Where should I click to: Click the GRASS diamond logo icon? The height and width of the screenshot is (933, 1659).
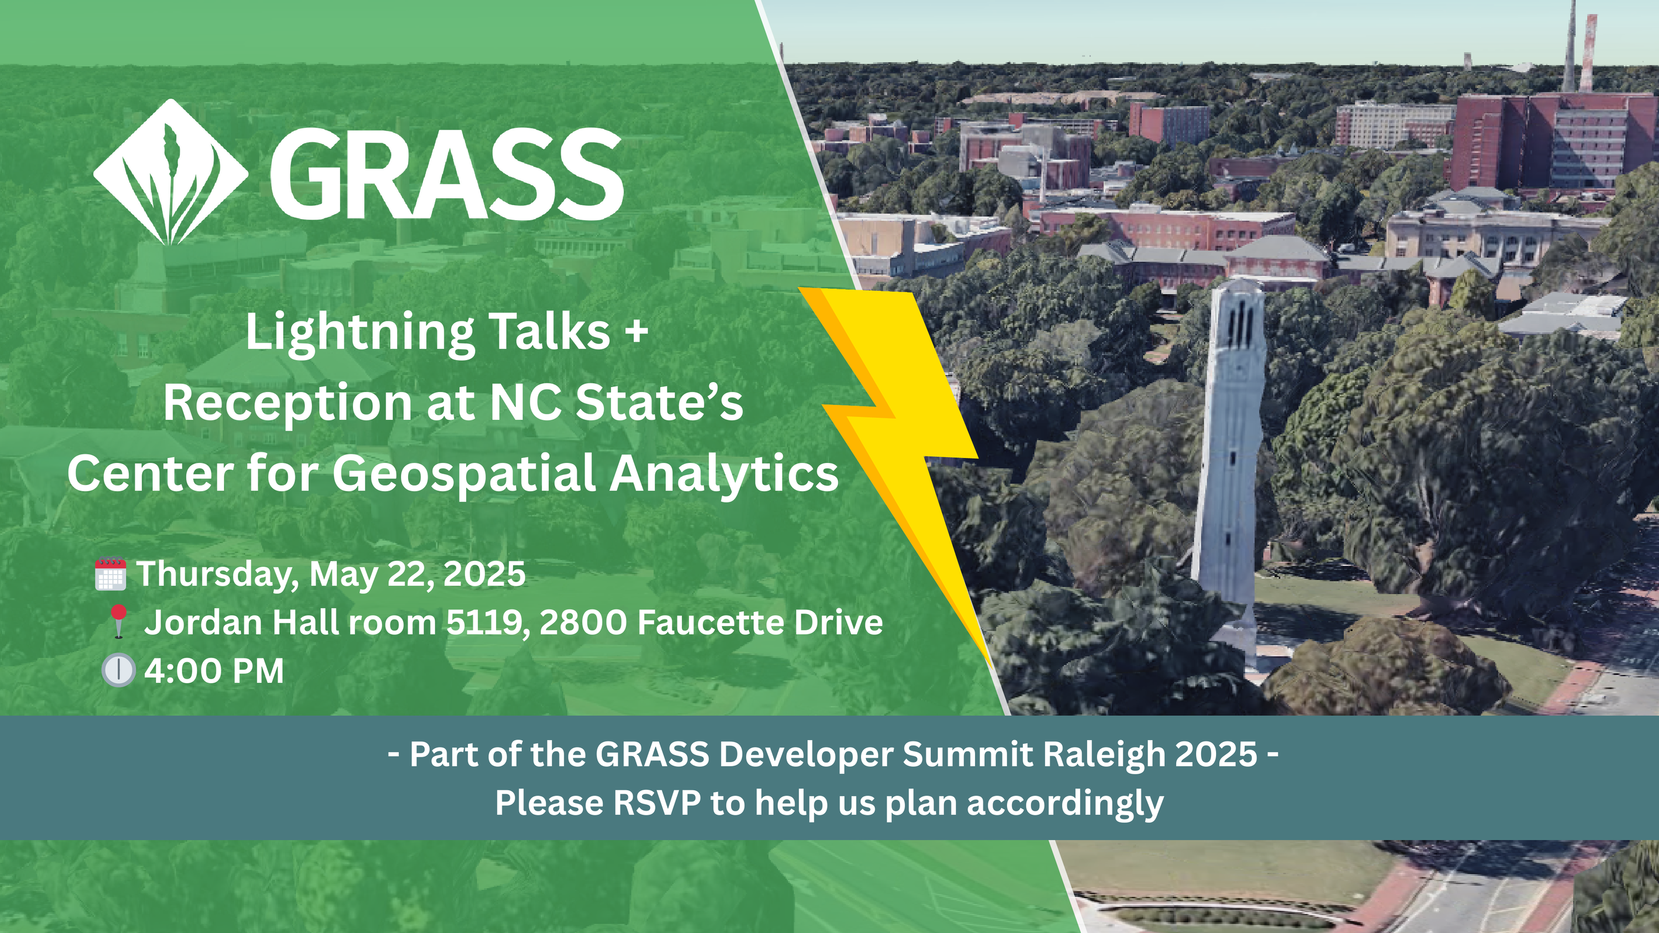(171, 172)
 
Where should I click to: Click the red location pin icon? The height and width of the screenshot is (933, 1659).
(118, 622)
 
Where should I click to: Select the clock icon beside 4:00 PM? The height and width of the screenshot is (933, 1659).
(118, 670)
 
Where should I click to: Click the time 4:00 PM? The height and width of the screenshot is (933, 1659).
(214, 671)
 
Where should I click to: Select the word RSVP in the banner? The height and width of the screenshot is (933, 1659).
(657, 803)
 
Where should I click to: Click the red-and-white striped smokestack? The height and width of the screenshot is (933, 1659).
(1589, 53)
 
